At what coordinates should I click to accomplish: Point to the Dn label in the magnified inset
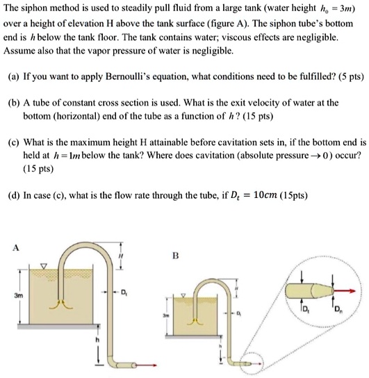(x=338, y=308)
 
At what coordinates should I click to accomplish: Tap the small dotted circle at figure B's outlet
(x=252, y=362)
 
